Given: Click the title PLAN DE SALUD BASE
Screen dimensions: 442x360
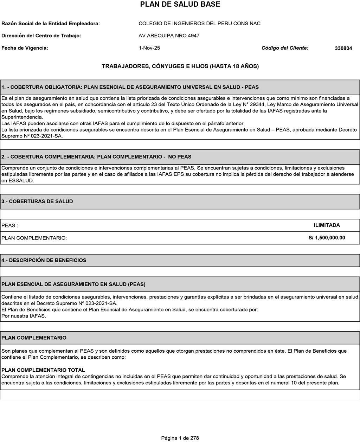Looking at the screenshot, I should click(x=180, y=5).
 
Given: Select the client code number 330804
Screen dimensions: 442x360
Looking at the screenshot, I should click(x=343, y=49).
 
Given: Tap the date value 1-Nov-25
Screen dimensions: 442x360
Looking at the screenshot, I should click(x=149, y=48).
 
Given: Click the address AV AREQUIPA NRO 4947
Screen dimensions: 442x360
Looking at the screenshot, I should click(x=169, y=36).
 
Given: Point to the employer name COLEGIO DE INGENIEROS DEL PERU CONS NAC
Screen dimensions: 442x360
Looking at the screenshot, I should click(x=199, y=24).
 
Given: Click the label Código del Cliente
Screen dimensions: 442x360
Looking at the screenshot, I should click(x=285, y=48).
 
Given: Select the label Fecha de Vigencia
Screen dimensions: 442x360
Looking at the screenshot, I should click(x=25, y=48).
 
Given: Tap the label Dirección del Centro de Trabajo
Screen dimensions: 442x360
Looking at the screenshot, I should click(x=41, y=36).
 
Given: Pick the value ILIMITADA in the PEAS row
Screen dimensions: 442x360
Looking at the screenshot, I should click(x=327, y=225).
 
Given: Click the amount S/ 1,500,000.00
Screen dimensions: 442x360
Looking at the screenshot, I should click(x=327, y=238).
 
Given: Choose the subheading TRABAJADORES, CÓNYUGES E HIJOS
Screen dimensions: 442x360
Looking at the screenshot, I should click(x=180, y=66).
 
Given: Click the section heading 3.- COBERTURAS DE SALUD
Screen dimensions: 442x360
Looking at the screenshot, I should click(x=37, y=201).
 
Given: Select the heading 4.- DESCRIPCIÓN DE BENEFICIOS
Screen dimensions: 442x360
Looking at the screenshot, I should click(x=44, y=260).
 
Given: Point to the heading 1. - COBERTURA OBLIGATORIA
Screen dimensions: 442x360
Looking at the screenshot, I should click(x=130, y=87).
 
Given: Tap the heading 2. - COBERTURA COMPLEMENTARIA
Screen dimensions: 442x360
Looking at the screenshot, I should click(x=96, y=156).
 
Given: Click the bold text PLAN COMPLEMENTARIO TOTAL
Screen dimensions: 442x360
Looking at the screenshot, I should click(x=43, y=370).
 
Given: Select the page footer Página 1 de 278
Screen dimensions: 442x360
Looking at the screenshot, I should click(x=180, y=438).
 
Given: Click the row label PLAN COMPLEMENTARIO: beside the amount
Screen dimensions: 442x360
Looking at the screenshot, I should click(x=34, y=238).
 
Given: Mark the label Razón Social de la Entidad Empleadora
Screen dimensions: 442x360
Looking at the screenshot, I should click(x=51, y=24).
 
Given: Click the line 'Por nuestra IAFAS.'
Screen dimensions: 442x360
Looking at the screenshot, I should click(x=24, y=316).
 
